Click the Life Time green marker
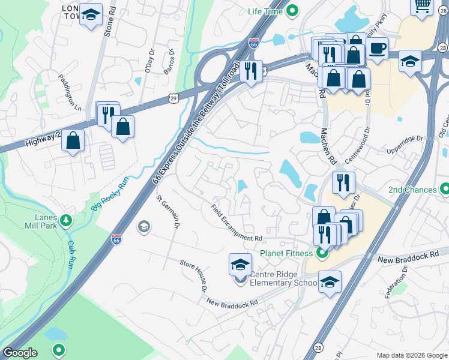point(292,11)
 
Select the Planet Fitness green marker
point(322,253)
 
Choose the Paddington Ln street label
point(69,92)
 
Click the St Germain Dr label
point(168,213)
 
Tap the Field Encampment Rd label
point(237,223)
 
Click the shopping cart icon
point(422,5)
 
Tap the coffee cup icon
point(377,48)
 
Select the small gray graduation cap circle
point(143,226)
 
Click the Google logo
point(19,353)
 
